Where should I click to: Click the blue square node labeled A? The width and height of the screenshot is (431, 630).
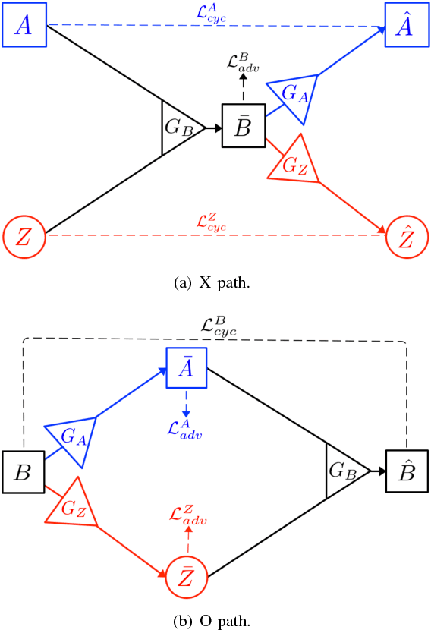pos(24,25)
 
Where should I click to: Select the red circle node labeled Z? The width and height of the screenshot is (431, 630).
pos(24,235)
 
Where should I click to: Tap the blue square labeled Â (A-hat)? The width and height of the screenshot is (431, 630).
pos(407,25)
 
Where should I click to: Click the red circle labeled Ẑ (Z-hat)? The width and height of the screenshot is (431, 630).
pos(407,236)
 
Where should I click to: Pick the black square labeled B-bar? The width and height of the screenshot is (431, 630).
pos(243,126)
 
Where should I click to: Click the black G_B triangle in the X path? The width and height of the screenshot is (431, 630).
pos(179,127)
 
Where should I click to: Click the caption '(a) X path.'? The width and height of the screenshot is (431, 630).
pos(215,283)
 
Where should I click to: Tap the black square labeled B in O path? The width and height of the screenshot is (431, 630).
pos(24,472)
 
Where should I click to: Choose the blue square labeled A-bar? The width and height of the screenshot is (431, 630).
pos(187,367)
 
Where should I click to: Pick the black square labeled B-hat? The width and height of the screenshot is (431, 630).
pos(407,472)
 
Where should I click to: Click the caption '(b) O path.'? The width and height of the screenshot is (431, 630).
pos(215,619)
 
